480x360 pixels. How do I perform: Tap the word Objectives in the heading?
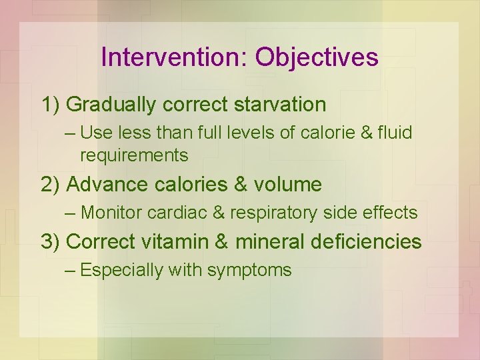(x=317, y=57)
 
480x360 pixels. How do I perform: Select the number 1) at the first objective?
(x=51, y=105)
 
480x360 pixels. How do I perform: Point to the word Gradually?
(x=112, y=105)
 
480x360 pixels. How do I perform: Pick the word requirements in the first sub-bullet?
(x=134, y=155)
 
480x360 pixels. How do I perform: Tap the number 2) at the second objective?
(x=51, y=184)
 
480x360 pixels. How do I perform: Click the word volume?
(x=287, y=184)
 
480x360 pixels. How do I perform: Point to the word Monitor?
(x=111, y=213)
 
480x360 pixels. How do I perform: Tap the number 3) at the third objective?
(x=51, y=241)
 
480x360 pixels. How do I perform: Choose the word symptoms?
(x=249, y=270)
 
